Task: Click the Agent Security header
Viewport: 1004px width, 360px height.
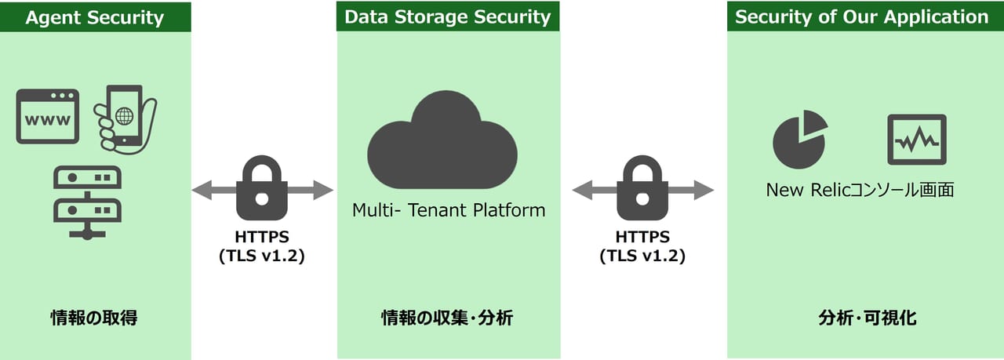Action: click(95, 17)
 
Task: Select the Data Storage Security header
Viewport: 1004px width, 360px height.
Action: click(448, 16)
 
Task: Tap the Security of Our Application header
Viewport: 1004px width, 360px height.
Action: click(861, 16)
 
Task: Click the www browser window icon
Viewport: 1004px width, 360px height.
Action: click(48, 116)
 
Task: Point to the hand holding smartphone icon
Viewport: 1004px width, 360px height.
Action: click(125, 118)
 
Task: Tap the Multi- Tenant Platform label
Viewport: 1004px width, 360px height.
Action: click(448, 210)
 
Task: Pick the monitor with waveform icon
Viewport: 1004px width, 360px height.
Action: click(916, 140)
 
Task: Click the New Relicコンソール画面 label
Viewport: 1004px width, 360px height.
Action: click(860, 190)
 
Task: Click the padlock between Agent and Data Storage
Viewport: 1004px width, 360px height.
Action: click(263, 188)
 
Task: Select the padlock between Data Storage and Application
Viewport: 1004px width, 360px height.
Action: click(642, 188)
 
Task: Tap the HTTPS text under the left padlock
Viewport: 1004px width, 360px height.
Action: click(262, 236)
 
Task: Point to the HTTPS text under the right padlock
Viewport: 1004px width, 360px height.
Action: click(642, 236)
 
